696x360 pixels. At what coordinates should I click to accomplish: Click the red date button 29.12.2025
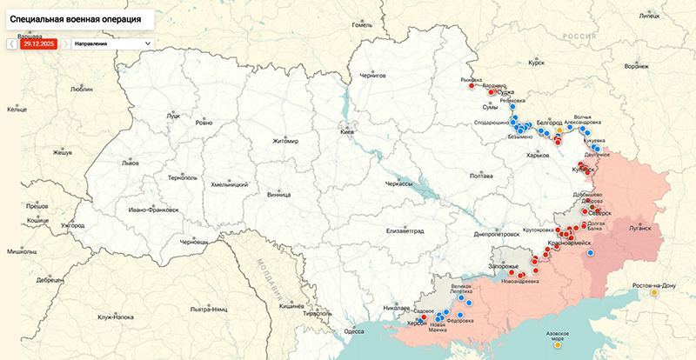39,43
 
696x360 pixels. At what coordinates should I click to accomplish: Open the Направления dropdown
111,43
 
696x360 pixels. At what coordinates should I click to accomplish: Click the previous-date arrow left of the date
12,43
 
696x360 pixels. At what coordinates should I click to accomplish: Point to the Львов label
130,163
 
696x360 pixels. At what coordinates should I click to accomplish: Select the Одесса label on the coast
354,331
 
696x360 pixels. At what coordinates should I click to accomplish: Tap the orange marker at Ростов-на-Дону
654,293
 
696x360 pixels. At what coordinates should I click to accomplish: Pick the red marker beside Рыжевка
471,85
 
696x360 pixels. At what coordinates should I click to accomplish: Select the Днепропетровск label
498,234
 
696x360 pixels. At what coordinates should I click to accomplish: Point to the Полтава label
480,176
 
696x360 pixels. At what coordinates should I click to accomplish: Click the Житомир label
285,141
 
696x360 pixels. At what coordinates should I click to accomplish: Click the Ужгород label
72,226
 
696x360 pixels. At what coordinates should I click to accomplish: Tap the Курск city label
536,63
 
